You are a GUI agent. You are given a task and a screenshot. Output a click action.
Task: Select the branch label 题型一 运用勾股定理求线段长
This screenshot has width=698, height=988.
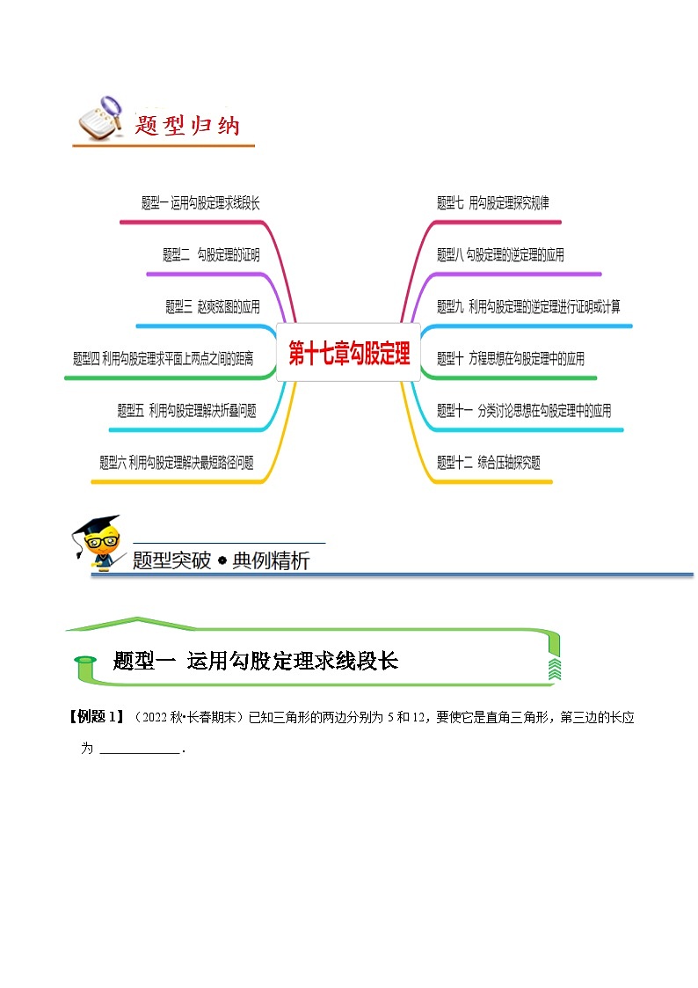click(x=200, y=203)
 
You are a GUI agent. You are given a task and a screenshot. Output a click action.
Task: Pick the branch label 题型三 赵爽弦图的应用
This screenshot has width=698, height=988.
click(x=213, y=307)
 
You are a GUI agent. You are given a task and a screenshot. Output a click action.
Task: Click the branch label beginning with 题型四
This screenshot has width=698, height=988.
click(x=163, y=359)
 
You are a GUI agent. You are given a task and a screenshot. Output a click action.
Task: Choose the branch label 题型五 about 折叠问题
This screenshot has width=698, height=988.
click(x=186, y=411)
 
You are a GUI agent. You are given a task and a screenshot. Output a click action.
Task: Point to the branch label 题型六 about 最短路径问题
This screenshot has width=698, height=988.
click(x=177, y=463)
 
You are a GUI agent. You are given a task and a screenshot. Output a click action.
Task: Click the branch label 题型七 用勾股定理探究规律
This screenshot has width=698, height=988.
click(x=492, y=203)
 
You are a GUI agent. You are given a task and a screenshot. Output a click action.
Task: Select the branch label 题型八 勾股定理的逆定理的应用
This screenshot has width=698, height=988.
click(x=500, y=255)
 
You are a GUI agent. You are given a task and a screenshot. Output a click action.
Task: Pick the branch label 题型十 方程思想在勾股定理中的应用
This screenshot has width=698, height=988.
click(x=511, y=359)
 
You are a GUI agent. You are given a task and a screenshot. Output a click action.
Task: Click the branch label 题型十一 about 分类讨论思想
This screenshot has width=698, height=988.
click(x=524, y=411)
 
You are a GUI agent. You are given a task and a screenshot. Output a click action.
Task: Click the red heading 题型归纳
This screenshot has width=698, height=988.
click(x=187, y=126)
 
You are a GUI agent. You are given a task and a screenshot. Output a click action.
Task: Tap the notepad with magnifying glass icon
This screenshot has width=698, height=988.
click(x=98, y=120)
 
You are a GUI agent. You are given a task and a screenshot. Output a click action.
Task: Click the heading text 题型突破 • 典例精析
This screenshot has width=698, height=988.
click(x=221, y=560)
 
